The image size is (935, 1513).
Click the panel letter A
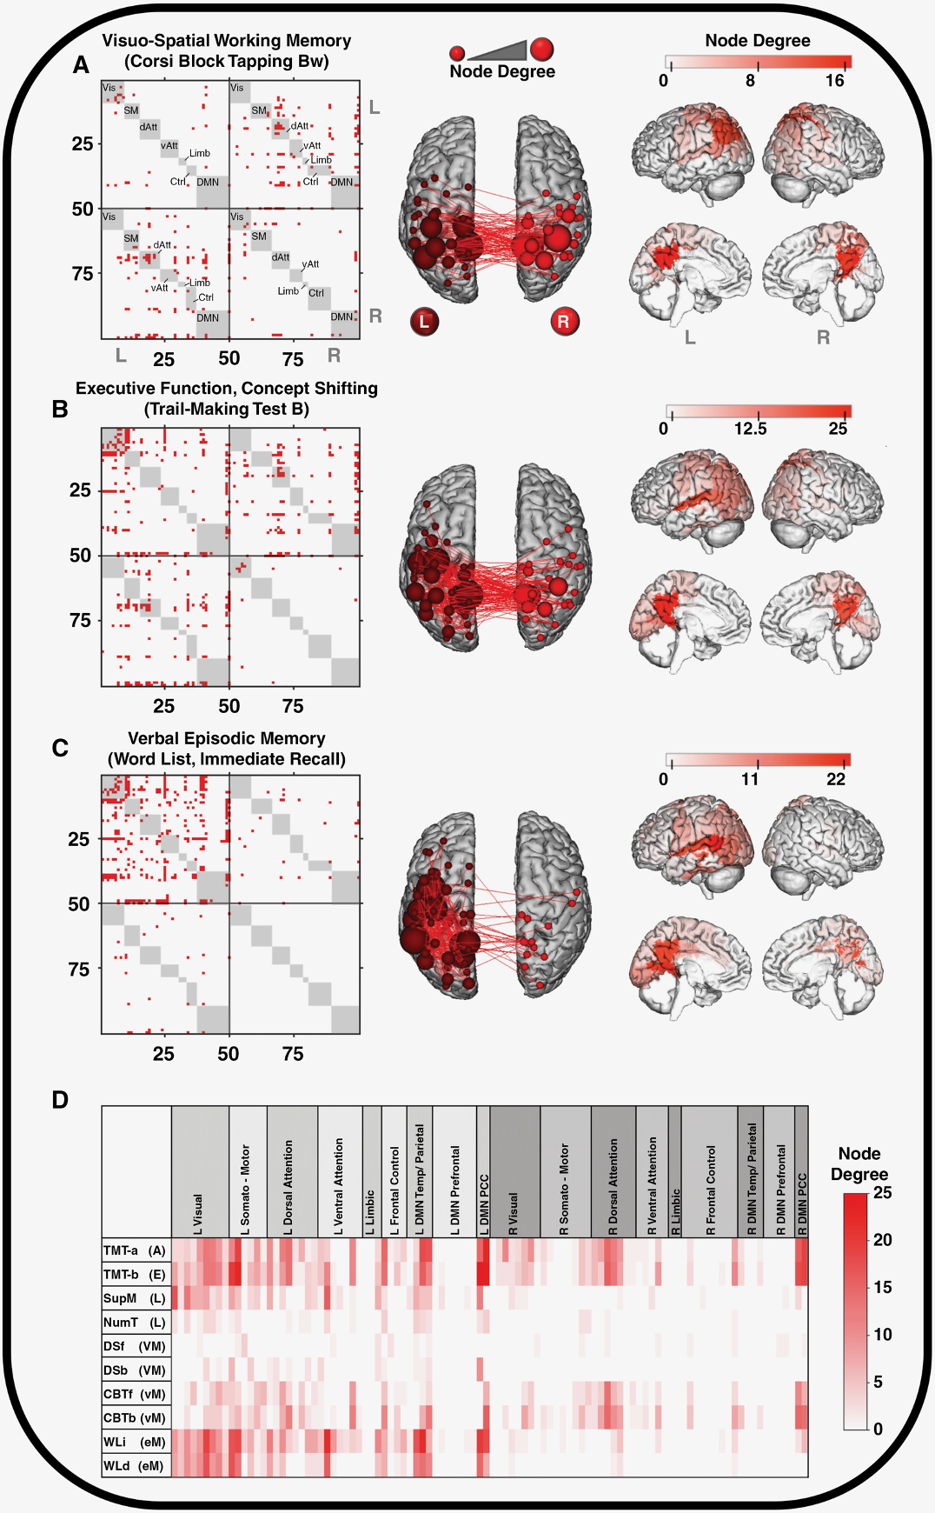tap(81, 65)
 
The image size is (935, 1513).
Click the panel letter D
tap(60, 1100)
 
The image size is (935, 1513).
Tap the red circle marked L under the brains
tap(424, 322)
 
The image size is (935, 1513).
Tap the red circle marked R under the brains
tap(564, 322)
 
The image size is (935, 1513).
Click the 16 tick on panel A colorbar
tap(835, 81)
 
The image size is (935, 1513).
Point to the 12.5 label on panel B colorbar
tap(750, 429)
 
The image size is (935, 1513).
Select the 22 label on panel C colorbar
tap(836, 779)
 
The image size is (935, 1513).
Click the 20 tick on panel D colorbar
tap(882, 1240)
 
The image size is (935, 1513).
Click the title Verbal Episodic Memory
tap(227, 738)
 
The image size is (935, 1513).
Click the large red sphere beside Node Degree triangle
tap(542, 49)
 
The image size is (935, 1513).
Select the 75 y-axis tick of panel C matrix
tap(78, 969)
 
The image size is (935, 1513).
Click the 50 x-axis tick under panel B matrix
tap(229, 706)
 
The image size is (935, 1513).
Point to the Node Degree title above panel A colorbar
tap(758, 41)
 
